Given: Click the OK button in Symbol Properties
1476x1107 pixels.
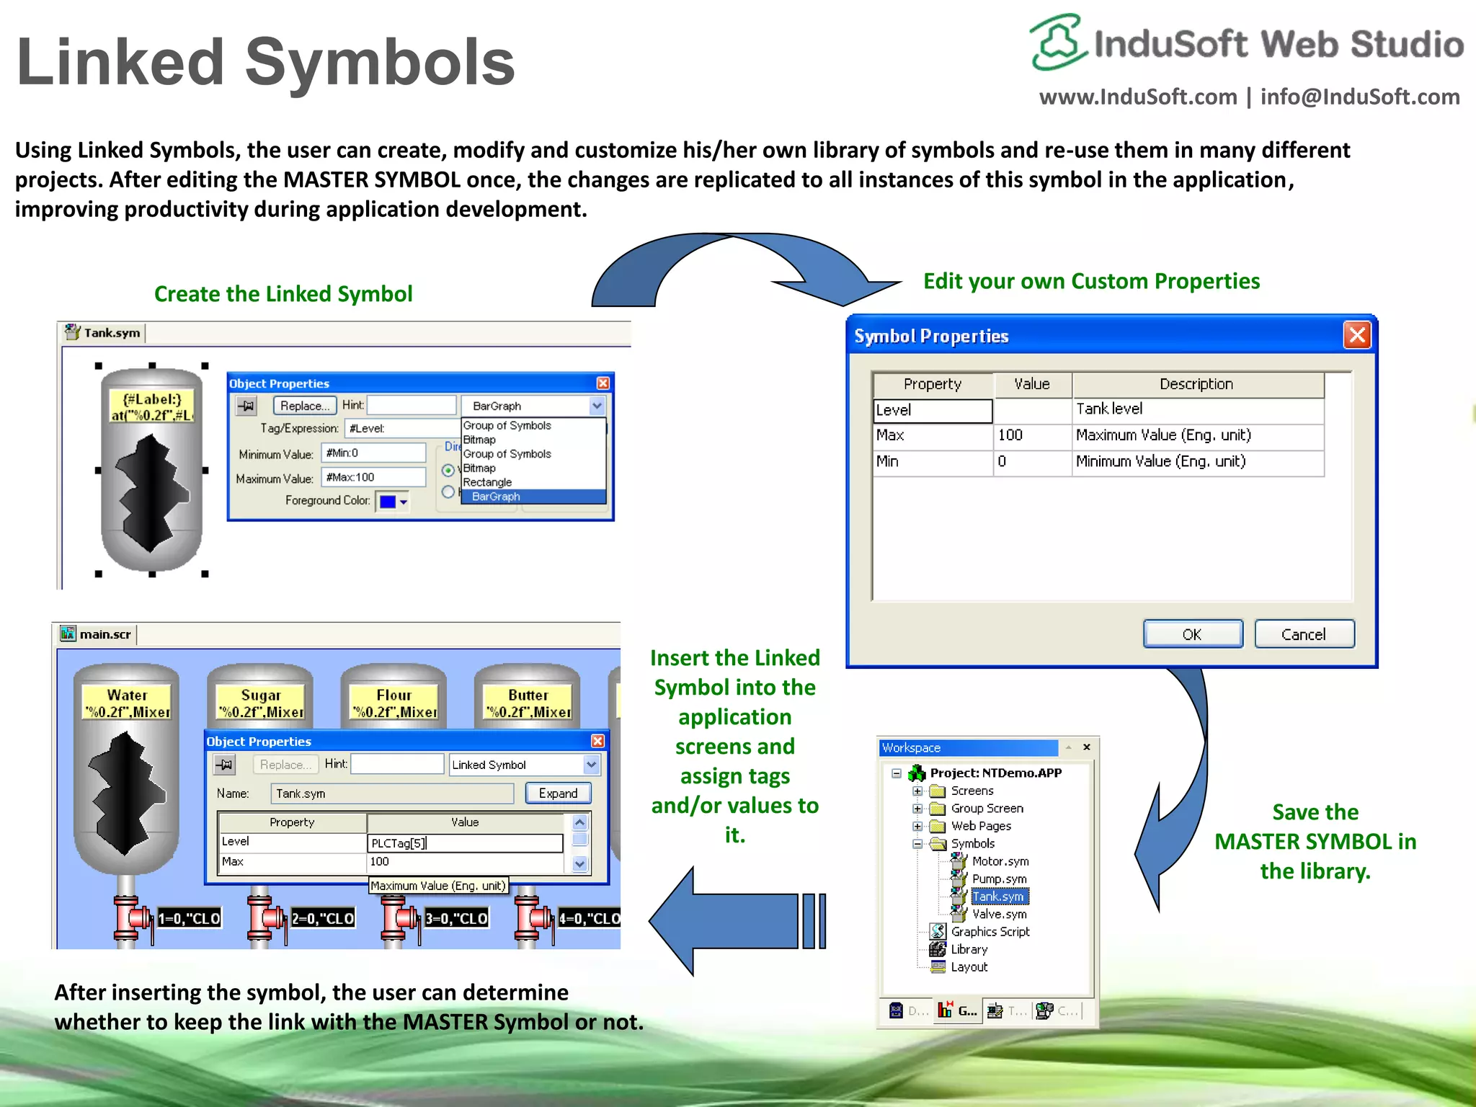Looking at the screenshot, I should (1192, 634).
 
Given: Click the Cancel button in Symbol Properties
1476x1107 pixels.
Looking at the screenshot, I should (1303, 634).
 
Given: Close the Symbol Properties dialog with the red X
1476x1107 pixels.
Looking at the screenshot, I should (1357, 335).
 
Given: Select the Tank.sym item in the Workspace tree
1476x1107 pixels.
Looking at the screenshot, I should (998, 897).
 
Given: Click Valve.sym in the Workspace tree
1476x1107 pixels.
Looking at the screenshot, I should (999, 914).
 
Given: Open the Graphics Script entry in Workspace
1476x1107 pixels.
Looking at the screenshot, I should (990, 932).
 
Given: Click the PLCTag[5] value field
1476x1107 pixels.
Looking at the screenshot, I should (464, 843).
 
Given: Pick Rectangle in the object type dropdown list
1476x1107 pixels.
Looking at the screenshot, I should (487, 482).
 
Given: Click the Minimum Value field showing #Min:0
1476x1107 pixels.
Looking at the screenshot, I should (373, 453).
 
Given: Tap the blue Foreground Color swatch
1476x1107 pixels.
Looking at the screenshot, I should (388, 502).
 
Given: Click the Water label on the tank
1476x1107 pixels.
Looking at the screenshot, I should (127, 695).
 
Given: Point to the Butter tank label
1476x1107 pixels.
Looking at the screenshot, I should (528, 695).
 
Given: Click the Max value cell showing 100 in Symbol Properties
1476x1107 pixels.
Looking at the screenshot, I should (1031, 435).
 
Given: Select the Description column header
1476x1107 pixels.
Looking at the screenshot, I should (1196, 384).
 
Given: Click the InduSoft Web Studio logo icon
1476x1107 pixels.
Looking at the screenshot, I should (1057, 42).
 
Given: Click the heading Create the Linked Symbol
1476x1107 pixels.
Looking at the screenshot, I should (283, 294).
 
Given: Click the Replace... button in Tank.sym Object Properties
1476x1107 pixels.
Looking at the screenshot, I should (304, 406).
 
